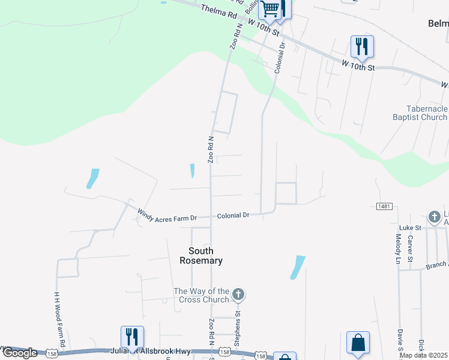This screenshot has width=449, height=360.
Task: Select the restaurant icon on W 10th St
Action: pyautogui.click(x=361, y=46)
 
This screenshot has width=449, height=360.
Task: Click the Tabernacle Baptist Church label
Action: pyautogui.click(x=419, y=113)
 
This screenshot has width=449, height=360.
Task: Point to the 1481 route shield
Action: pyautogui.click(x=385, y=206)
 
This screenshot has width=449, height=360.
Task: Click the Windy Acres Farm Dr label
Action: pyautogui.click(x=167, y=215)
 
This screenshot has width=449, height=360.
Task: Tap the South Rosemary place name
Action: pyautogui.click(x=201, y=256)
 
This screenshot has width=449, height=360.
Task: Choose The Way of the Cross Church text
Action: pyautogui.click(x=202, y=295)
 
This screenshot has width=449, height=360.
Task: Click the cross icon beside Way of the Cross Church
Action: pyautogui.click(x=238, y=295)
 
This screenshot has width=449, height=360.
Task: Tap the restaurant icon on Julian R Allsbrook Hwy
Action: pyautogui.click(x=131, y=337)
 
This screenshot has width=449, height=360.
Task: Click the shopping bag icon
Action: pyautogui.click(x=358, y=343)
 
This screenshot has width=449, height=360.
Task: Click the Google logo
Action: pyautogui.click(x=20, y=353)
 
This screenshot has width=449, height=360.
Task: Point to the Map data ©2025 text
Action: pyautogui.click(x=424, y=355)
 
